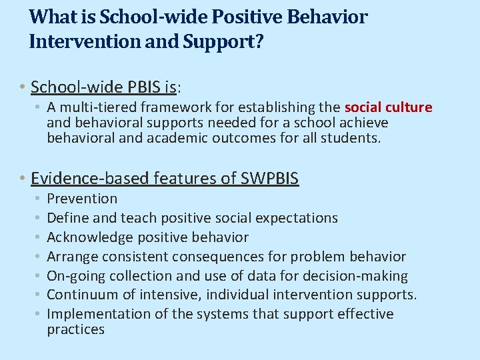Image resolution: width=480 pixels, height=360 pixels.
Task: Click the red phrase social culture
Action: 389,107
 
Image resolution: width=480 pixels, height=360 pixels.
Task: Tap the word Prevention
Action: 82,199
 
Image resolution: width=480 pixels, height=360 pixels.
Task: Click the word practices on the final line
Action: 76,329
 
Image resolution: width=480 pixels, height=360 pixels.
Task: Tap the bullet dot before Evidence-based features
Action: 23,179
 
